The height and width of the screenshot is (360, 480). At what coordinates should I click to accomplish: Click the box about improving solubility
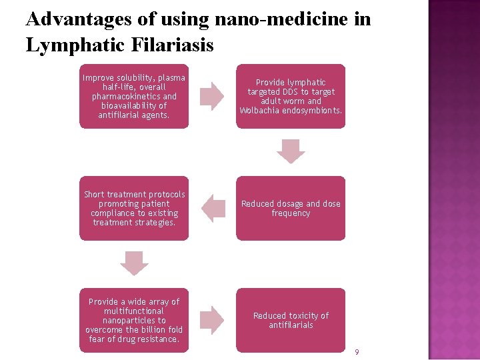[x=133, y=97]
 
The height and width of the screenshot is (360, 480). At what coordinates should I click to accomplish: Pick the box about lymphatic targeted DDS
[x=291, y=97]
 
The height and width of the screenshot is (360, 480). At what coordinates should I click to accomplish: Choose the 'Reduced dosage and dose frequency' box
[x=291, y=208]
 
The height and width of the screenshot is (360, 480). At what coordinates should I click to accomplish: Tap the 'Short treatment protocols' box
[x=133, y=208]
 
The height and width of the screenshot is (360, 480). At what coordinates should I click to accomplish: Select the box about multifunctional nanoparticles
[x=133, y=320]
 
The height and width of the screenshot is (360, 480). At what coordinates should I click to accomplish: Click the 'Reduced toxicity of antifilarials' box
[x=291, y=320]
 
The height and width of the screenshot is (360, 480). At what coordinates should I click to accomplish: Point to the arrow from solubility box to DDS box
[x=213, y=97]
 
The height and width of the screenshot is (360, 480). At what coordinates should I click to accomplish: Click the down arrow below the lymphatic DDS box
[x=291, y=151]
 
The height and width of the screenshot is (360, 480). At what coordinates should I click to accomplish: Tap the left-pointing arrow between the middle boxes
[x=213, y=208]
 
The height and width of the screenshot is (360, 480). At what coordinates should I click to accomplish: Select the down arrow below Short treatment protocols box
[x=134, y=263]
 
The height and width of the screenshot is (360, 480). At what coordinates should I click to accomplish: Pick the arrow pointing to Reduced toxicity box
[x=213, y=320]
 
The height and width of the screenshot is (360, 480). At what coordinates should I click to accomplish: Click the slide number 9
[x=357, y=352]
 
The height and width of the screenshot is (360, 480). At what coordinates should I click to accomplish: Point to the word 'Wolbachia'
[x=260, y=111]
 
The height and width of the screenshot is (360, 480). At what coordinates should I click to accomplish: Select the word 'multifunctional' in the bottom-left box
[x=134, y=311]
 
